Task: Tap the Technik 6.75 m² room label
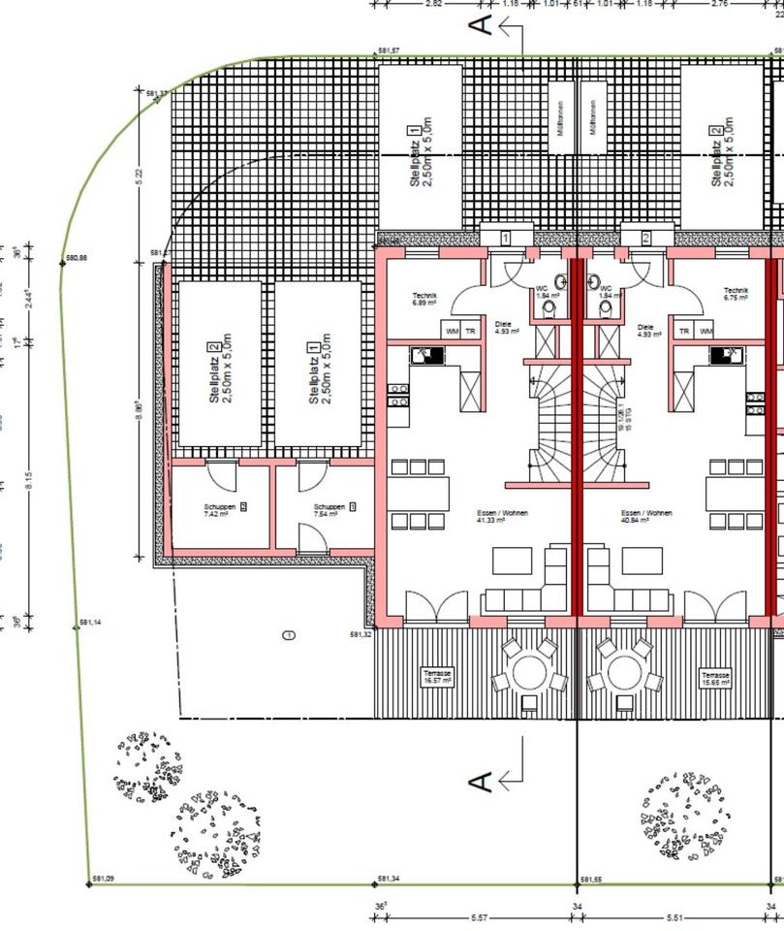[735, 294]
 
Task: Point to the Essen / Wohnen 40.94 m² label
[647, 517]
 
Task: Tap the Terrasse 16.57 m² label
[437, 676]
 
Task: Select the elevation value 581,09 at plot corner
[103, 879]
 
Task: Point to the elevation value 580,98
[76, 258]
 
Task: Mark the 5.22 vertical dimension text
[139, 176]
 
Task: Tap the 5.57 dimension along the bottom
[479, 916]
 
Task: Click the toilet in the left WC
[549, 307]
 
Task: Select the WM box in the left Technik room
[452, 331]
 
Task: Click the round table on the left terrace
[530, 670]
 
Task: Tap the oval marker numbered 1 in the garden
[288, 635]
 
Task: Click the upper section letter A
[482, 25]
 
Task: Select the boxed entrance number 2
[645, 237]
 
